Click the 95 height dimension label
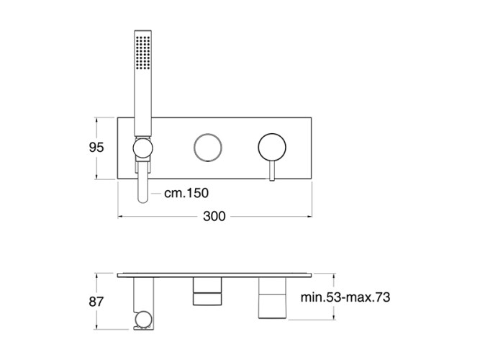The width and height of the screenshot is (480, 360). pyautogui.click(x=96, y=148)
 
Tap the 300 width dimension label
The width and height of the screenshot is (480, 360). pyautogui.click(x=214, y=216)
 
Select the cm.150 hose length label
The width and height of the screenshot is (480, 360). pyautogui.click(x=186, y=193)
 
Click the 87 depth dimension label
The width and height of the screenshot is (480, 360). pyautogui.click(x=96, y=302)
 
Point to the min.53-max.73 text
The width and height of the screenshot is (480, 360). pyautogui.click(x=345, y=297)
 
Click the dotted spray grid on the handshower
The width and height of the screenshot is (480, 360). pyautogui.click(x=142, y=53)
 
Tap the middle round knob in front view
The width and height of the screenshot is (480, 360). pyautogui.click(x=208, y=148)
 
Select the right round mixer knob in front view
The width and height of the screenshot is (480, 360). pyautogui.click(x=272, y=148)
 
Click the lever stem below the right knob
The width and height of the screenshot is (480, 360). pyautogui.click(x=272, y=171)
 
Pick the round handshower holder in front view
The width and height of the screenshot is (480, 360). pyautogui.click(x=142, y=148)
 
